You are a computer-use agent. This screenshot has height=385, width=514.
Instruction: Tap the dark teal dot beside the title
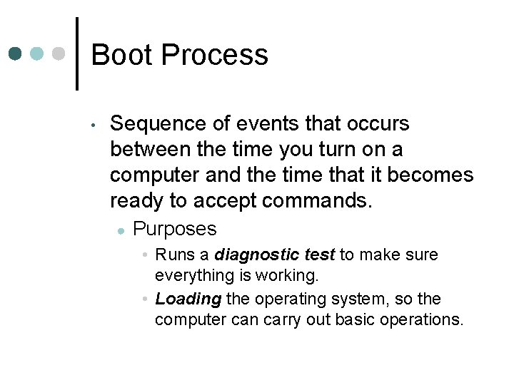[16, 54]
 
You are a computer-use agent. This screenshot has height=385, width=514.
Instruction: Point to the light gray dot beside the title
[60, 54]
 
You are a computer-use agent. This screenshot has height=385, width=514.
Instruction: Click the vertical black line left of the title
[76, 53]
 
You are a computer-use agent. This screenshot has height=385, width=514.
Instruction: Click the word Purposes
[175, 229]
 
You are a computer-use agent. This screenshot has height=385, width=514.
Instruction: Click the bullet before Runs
[145, 255]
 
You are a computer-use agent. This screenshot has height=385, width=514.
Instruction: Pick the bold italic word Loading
[188, 299]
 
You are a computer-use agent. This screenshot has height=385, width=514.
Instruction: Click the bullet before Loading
[145, 299]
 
